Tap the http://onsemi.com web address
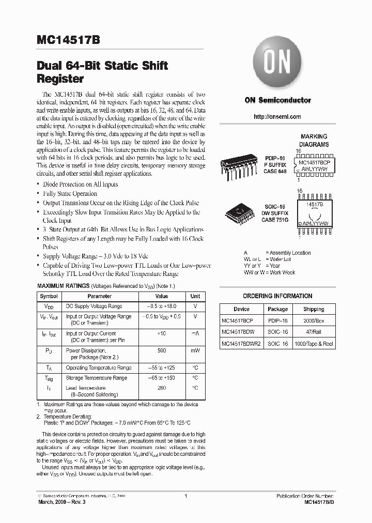tap(277, 117)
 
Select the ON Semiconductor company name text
tap(277, 101)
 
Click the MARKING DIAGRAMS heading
tap(314, 141)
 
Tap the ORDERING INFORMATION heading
tap(277, 296)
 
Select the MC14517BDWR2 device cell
tap(241, 344)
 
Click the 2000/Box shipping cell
tap(314, 320)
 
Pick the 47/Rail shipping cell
tap(314, 332)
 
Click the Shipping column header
tap(314, 309)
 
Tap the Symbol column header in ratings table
tap(49, 296)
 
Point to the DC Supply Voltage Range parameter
tap(94, 306)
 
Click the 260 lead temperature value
tap(162, 388)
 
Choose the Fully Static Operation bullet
tap(70, 194)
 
